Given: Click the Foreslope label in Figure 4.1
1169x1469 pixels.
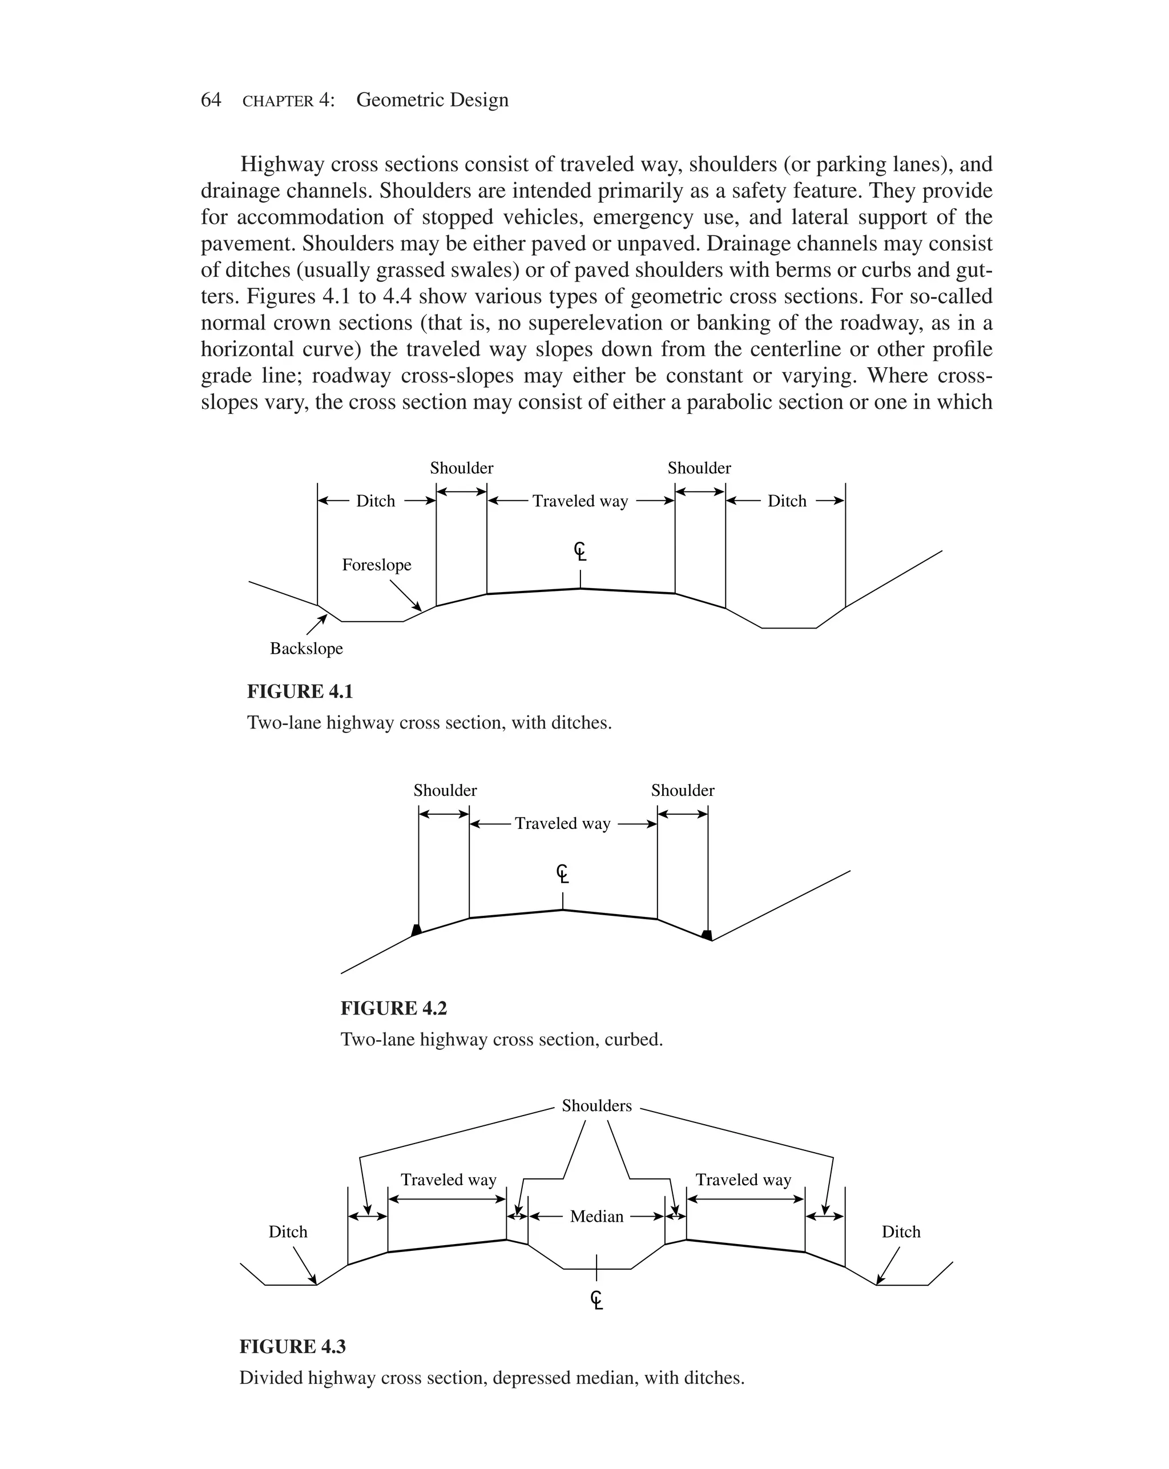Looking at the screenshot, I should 376,565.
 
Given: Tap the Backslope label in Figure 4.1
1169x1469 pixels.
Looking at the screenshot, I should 306,648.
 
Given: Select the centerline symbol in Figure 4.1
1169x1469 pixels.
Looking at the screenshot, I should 580,550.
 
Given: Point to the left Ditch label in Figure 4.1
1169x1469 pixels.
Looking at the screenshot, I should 376,501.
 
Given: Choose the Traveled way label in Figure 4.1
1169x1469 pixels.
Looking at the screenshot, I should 580,501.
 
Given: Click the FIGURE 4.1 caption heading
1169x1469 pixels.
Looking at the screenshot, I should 300,691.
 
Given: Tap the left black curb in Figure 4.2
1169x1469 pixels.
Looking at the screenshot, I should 416,929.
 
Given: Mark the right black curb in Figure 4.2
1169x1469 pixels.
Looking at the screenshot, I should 708,935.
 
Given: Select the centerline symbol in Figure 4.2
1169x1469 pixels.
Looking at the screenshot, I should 562,873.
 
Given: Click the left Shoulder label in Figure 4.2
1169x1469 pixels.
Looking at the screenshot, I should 445,790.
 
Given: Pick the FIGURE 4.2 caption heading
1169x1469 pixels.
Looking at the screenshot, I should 393,1008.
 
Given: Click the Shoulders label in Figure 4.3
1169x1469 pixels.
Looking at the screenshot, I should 596,1106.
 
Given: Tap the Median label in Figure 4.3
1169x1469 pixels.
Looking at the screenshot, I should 596,1216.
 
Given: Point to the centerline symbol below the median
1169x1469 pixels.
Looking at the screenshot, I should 596,1300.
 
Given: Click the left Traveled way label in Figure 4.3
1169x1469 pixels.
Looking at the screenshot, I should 448,1180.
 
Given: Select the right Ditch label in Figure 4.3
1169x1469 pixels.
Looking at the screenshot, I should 901,1232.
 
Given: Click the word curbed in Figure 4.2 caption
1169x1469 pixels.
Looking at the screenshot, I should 633,1039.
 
